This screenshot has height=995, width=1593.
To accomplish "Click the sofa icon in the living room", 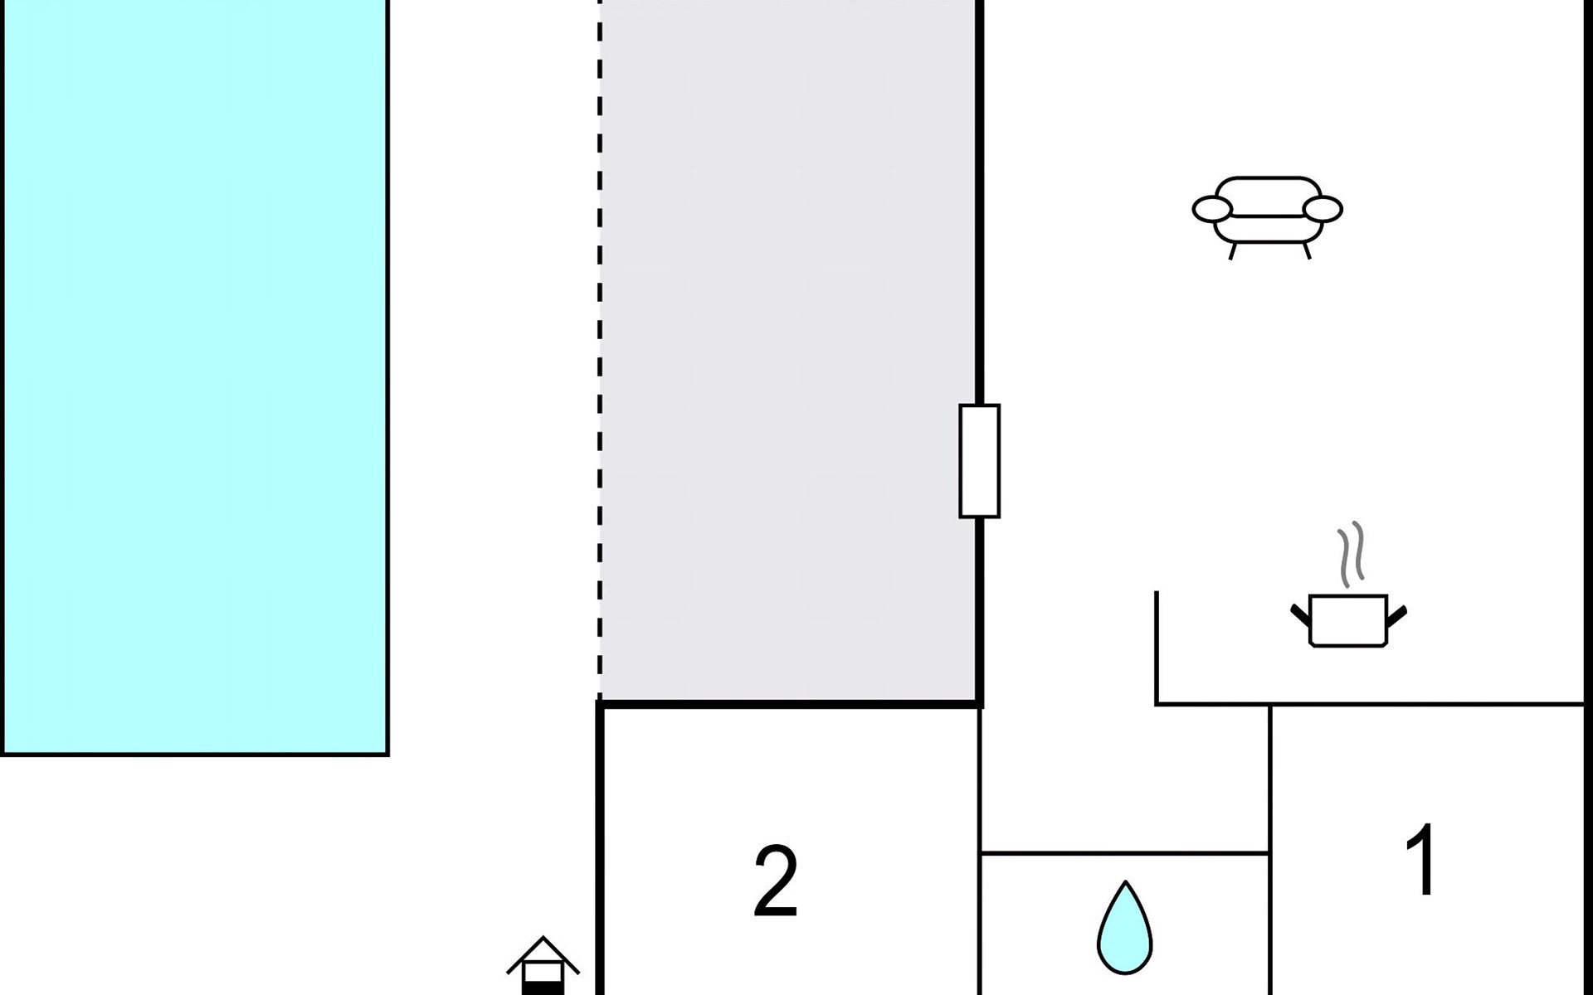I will (1267, 212).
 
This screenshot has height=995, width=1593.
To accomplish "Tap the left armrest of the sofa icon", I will (1212, 210).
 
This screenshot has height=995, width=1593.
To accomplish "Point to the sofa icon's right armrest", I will (1323, 210).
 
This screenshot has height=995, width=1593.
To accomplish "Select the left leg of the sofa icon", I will (1233, 250).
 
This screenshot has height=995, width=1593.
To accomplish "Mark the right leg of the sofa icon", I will (1307, 250).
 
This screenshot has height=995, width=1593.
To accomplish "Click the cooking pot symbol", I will (1348, 620).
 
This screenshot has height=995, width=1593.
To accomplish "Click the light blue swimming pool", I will (195, 373).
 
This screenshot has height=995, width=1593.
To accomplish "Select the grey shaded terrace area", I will (788, 348).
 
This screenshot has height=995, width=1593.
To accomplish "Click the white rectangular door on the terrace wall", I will (979, 461).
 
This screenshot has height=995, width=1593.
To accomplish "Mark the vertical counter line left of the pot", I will (1157, 647).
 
